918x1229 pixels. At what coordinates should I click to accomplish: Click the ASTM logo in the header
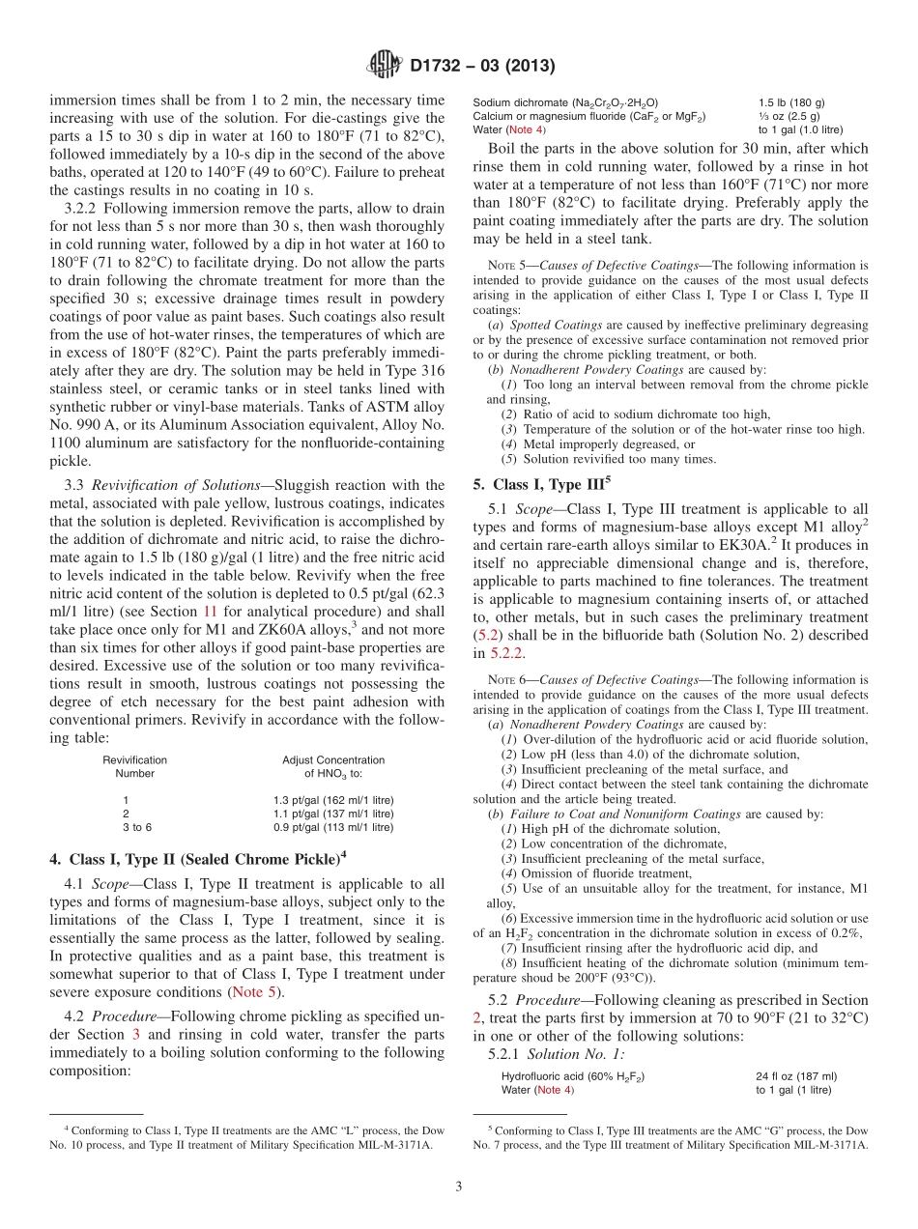pyautogui.click(x=385, y=66)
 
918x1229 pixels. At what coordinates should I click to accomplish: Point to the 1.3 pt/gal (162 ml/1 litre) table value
pyautogui.click(x=333, y=800)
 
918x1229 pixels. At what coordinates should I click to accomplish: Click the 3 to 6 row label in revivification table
pyautogui.click(x=137, y=827)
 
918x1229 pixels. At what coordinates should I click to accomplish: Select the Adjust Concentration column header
pyautogui.click(x=333, y=759)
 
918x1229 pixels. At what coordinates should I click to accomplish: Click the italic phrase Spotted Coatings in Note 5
pyautogui.click(x=549, y=325)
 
